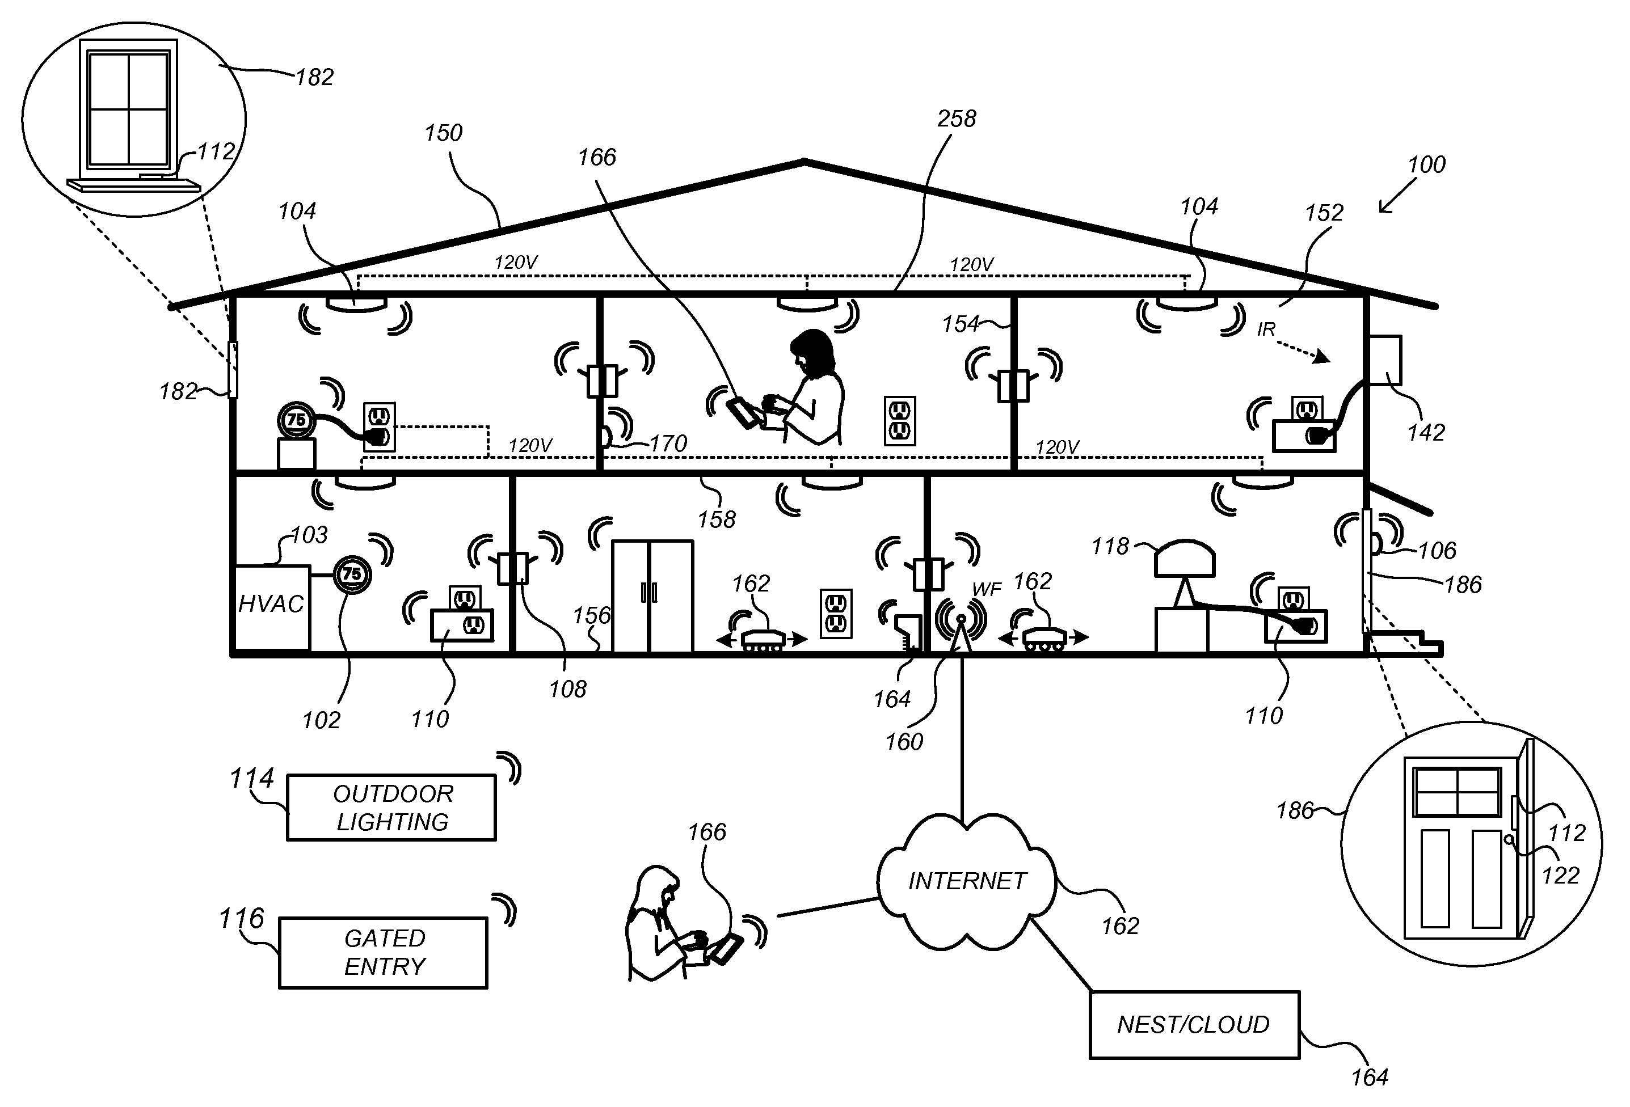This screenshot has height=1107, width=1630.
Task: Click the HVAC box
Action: point(271,606)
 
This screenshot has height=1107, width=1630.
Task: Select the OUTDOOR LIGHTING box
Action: point(391,807)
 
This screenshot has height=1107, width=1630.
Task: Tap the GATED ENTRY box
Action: point(383,952)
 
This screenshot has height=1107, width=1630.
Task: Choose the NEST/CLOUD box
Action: point(1194,1024)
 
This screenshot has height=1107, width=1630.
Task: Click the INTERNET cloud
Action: point(967,881)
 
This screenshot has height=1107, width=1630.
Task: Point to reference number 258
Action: point(956,119)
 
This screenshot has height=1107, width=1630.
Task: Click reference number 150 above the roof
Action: point(443,133)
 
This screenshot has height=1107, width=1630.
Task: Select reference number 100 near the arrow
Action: point(1426,165)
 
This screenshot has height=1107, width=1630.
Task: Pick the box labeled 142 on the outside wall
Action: point(1384,360)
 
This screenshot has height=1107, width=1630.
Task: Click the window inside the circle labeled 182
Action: point(129,109)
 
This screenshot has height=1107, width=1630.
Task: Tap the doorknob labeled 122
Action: point(1508,839)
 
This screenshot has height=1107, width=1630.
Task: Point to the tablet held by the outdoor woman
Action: point(725,950)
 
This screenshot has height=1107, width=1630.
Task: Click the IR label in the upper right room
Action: point(1266,329)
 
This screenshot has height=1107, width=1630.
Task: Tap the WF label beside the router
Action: point(987,590)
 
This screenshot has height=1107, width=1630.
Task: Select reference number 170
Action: point(668,444)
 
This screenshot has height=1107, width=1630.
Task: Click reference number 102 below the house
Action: point(321,720)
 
